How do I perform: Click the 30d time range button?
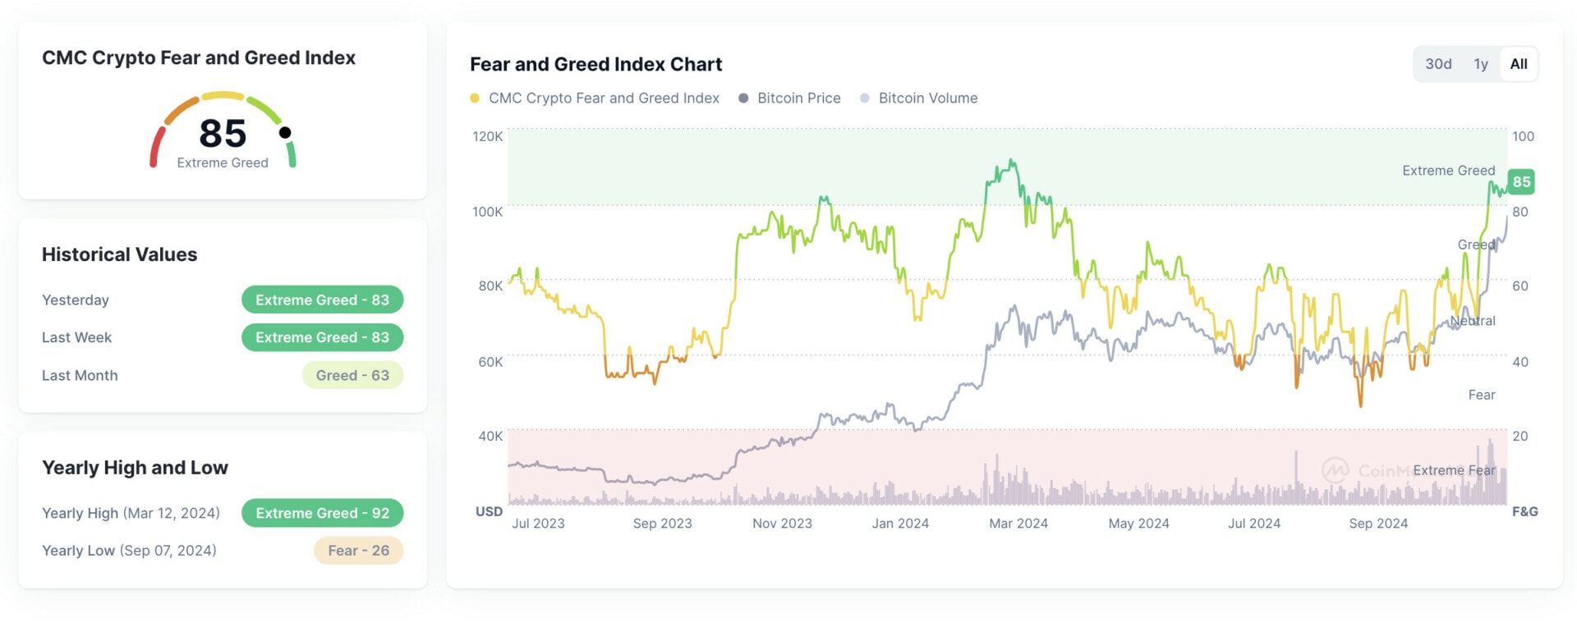(x=1438, y=64)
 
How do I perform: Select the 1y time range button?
(x=1481, y=64)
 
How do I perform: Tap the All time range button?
(x=1519, y=64)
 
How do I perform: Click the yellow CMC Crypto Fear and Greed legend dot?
(x=475, y=98)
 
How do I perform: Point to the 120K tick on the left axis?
(x=487, y=136)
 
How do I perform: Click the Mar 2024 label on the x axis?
(x=1018, y=524)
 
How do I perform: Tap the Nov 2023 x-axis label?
(x=782, y=524)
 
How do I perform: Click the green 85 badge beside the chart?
(x=1521, y=181)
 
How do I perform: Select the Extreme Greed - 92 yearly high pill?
(x=322, y=513)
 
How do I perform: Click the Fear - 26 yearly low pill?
(x=358, y=551)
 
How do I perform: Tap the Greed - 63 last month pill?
(x=352, y=375)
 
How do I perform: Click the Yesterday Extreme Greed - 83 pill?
(x=322, y=300)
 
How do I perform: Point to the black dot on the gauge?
(x=285, y=132)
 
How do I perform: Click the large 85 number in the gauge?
(x=223, y=134)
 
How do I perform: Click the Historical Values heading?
(x=120, y=254)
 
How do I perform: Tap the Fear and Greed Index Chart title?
(x=595, y=64)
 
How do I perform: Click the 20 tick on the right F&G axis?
(x=1520, y=436)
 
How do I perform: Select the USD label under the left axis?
(x=489, y=511)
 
